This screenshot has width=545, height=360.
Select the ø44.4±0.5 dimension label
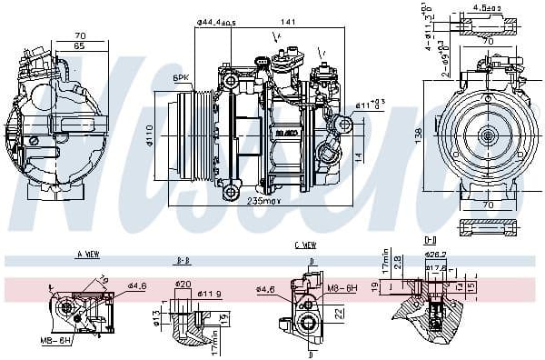coord(216,22)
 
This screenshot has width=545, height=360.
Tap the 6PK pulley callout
coord(181,79)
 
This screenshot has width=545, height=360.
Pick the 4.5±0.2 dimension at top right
coord(487,8)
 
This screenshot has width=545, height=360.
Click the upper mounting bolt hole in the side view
coord(231,82)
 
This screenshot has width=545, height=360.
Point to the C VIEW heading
coord(304,245)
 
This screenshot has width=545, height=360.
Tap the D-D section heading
coord(431,239)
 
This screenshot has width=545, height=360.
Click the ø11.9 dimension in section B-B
coord(211,294)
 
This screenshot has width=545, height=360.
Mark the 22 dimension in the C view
coord(337,313)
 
